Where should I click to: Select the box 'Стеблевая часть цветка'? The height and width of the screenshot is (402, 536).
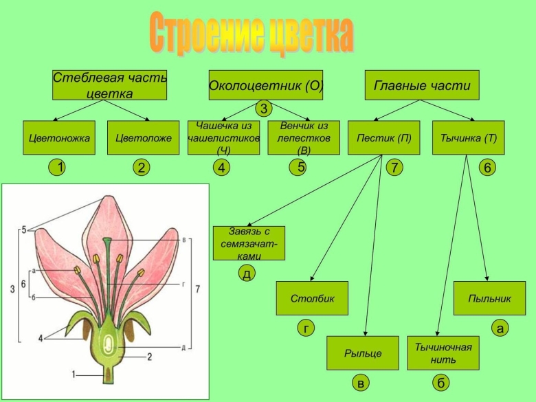point(110,86)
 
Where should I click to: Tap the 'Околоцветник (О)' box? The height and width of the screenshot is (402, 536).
point(266,86)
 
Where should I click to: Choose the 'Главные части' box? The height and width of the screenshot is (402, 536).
point(422,86)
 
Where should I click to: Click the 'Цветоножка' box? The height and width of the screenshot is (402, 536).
point(60,137)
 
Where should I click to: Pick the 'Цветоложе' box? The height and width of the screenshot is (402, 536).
point(144,137)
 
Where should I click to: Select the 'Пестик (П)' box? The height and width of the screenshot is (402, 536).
point(384,137)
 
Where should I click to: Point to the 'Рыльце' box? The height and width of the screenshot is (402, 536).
point(363,353)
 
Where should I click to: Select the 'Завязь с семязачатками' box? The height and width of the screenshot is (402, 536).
point(249,243)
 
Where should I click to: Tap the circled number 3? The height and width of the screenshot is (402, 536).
point(264,109)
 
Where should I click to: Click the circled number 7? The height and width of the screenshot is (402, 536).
point(394,168)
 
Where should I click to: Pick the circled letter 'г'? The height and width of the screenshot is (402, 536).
point(304,329)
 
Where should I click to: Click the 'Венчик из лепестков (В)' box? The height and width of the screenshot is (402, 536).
point(304,137)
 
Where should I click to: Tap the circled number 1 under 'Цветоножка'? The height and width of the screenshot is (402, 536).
point(61,168)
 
